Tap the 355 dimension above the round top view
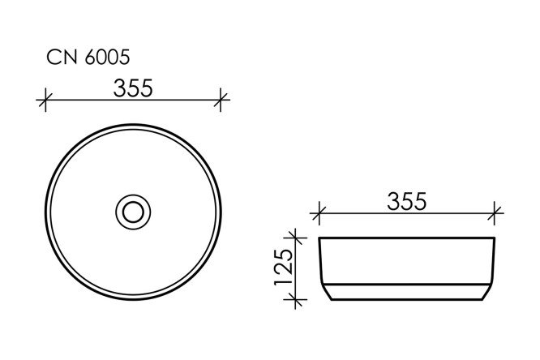point(133,88)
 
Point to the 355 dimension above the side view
point(408,202)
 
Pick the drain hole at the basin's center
point(133,212)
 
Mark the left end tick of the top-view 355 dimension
point(45,101)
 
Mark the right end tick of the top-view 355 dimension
point(221,101)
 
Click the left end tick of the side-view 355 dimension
point(319,215)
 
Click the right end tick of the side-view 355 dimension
point(496,215)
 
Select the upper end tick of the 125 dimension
point(296,238)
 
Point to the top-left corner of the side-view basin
point(320,238)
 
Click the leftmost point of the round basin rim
point(45,212)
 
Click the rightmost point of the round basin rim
point(221,212)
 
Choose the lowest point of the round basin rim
point(133,299)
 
